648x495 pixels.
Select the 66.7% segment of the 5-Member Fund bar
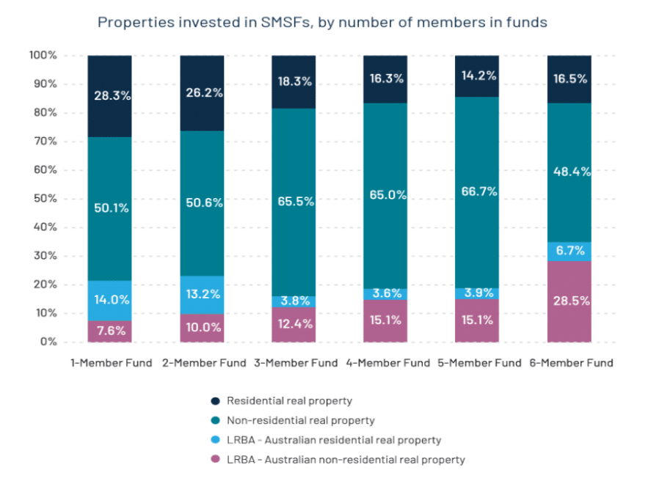(x=478, y=191)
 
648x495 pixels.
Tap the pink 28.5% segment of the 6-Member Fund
(x=569, y=301)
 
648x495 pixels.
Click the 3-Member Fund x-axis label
(x=295, y=362)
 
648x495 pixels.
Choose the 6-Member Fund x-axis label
(x=571, y=362)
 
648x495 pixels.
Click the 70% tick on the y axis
(x=43, y=142)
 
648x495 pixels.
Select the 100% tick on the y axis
(x=42, y=56)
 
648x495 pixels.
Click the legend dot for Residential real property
(x=216, y=400)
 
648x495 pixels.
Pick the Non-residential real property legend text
(x=301, y=420)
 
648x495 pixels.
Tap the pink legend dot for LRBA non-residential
(x=216, y=460)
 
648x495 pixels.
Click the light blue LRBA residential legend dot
(x=216, y=440)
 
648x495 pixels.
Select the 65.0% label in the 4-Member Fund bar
(x=386, y=195)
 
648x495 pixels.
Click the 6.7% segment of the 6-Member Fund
(x=569, y=251)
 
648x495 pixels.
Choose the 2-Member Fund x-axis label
(x=203, y=362)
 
